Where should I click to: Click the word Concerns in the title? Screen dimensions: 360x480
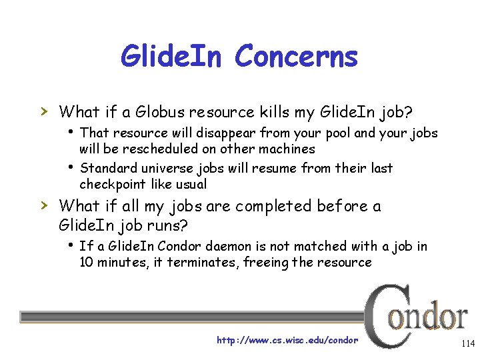(296, 57)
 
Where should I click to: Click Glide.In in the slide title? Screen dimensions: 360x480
(173, 57)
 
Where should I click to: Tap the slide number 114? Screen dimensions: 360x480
(467, 344)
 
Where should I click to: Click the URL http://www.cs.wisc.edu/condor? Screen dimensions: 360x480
(287, 340)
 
